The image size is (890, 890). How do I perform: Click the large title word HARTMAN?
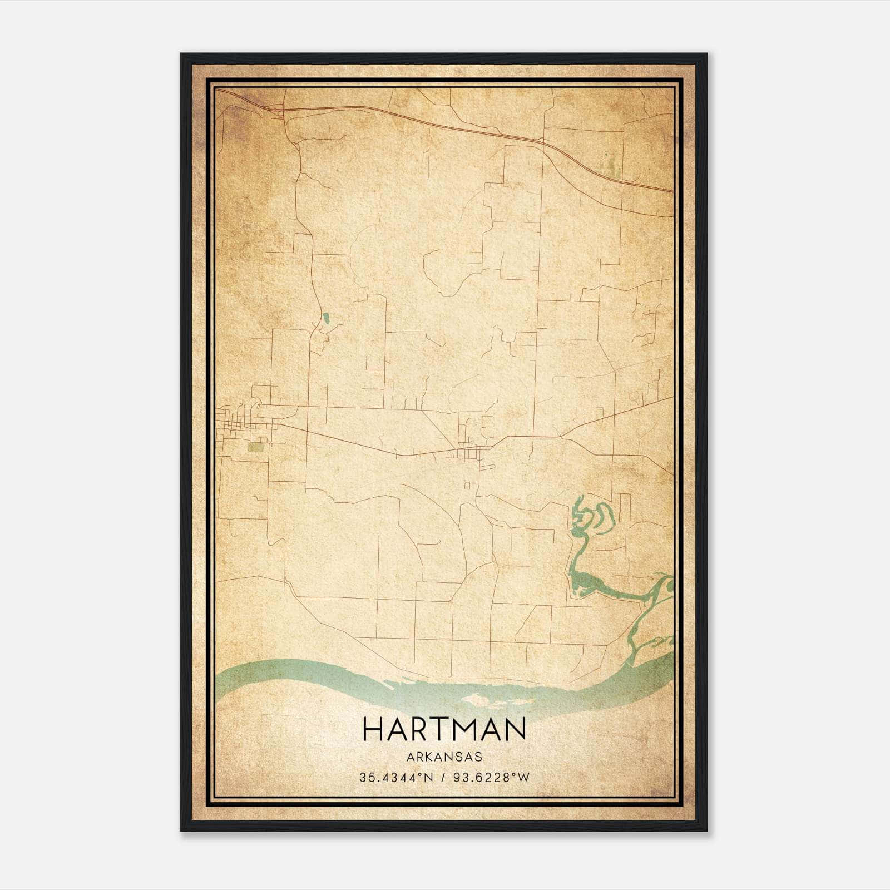click(444, 729)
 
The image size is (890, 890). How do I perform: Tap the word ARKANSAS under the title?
click(444, 757)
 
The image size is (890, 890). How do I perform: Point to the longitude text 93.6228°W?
click(492, 778)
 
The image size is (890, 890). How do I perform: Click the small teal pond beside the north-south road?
click(326, 319)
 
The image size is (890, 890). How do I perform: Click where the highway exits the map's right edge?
click(672, 191)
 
